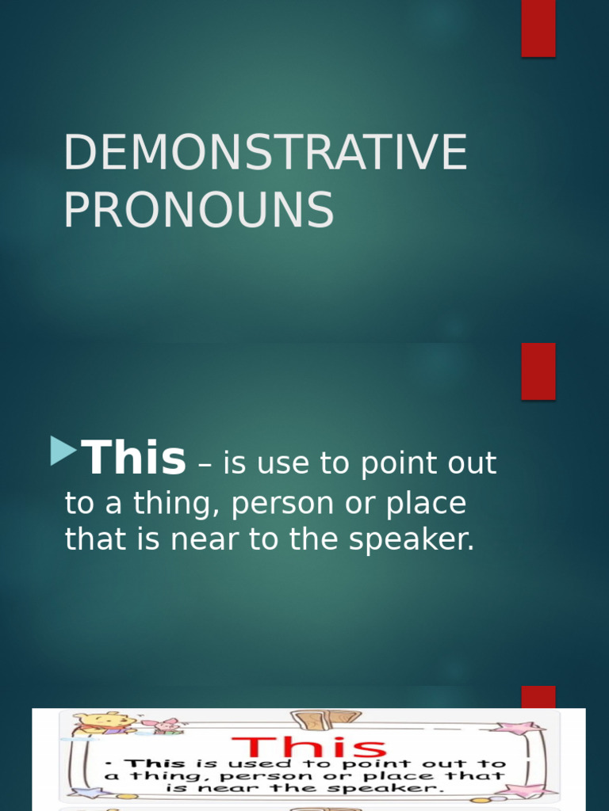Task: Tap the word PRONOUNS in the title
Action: coord(198,211)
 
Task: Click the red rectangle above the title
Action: coord(538,29)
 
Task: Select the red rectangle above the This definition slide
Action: coord(538,371)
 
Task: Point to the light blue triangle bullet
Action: coord(63,451)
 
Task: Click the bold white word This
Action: coord(134,459)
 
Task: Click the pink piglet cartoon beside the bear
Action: coord(168,725)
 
